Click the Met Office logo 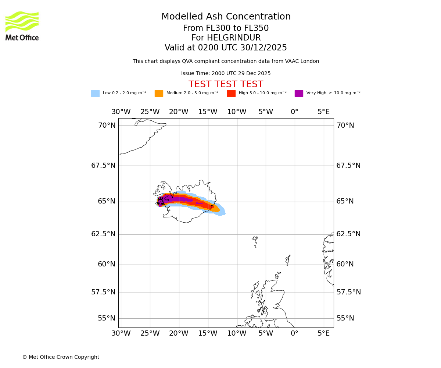(22, 26)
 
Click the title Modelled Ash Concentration (226, 17)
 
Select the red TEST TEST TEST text (226, 84)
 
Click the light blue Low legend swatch (95, 93)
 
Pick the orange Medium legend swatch (159, 93)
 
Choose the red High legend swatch (231, 93)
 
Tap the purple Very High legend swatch (299, 93)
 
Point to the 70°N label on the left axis (107, 125)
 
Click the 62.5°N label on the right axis (348, 234)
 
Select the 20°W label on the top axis (179, 112)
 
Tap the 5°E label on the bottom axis (323, 333)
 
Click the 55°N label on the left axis (107, 318)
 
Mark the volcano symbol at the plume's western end (161, 201)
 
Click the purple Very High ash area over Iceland (176, 199)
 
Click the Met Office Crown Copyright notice (61, 357)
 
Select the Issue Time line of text (226, 74)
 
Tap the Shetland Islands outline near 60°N (288, 260)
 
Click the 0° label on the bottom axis (294, 333)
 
